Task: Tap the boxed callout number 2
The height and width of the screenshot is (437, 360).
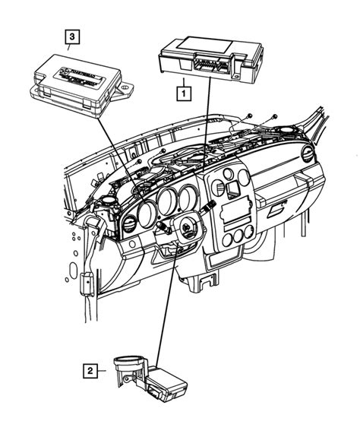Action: [x=90, y=371]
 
